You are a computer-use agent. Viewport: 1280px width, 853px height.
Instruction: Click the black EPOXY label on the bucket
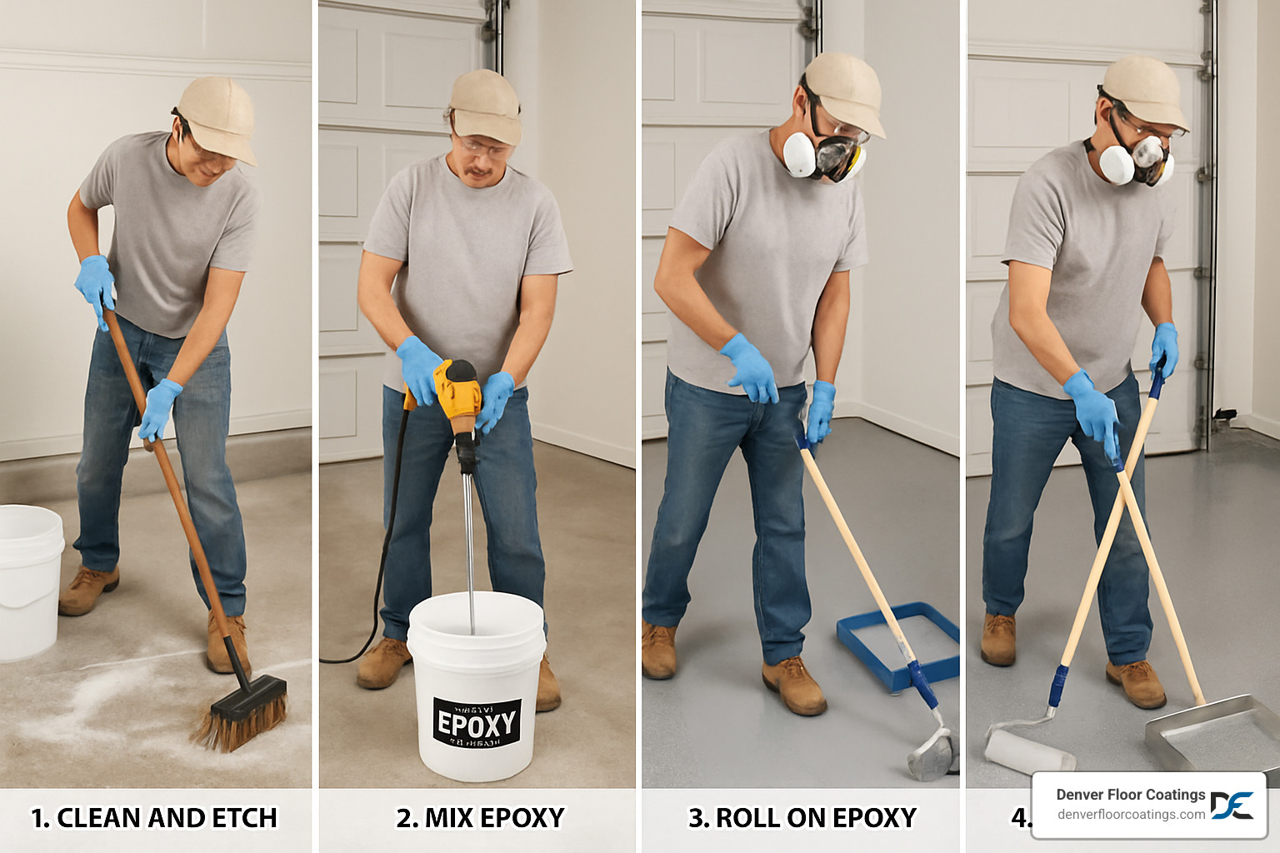[x=477, y=723]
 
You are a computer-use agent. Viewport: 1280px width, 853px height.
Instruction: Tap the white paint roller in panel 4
[x=1029, y=750]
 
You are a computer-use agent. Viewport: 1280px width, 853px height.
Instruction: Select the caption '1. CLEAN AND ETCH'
[x=154, y=818]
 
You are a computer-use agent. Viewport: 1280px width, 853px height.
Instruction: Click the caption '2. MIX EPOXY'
[x=480, y=818]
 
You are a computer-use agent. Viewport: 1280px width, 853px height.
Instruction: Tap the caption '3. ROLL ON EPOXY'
[x=802, y=818]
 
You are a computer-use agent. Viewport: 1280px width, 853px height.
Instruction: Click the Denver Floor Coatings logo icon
[x=1232, y=806]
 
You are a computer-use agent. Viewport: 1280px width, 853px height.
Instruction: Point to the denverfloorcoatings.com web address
[x=1131, y=815]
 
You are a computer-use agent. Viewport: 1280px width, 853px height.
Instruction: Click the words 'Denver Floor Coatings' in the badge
[x=1131, y=795]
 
